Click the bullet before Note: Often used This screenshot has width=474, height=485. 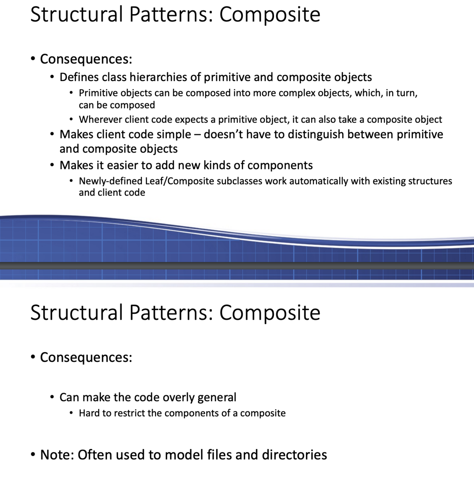click(33, 454)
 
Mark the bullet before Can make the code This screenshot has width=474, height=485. click(52, 396)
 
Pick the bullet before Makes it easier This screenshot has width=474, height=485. click(52, 165)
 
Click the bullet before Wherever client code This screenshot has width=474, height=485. click(71, 119)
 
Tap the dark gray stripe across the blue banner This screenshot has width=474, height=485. click(237, 266)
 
